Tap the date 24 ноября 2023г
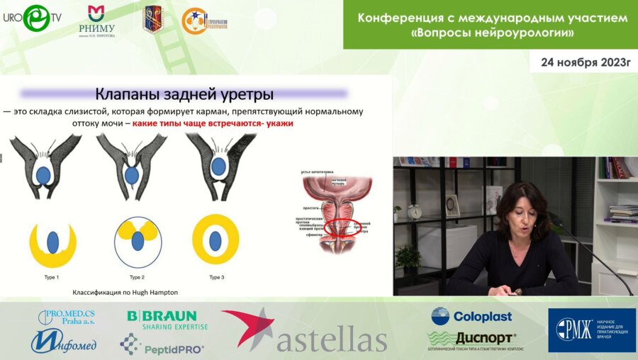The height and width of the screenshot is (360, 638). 585,62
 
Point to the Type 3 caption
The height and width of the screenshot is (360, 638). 218,276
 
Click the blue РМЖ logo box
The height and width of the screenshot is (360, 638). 591,330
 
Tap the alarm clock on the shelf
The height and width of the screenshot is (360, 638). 415,211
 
